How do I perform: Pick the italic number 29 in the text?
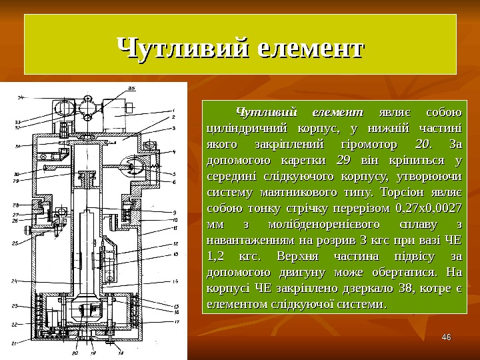(x=344, y=160)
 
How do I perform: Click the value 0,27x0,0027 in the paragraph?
(x=429, y=208)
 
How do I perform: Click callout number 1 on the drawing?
(x=174, y=111)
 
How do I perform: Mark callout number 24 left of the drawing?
(x=13, y=282)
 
